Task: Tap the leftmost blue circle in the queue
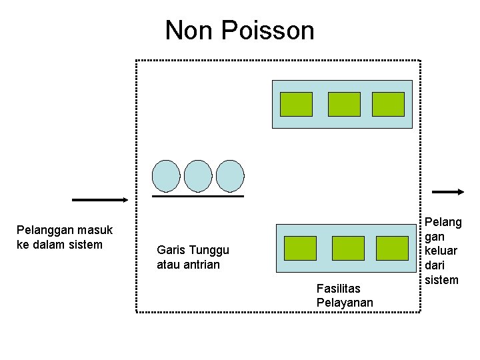(166, 175)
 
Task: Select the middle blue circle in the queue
(198, 175)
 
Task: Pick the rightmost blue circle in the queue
(230, 175)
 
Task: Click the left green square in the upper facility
(296, 104)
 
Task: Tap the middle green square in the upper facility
(344, 104)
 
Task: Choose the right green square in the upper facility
(388, 104)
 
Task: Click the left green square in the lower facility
(300, 248)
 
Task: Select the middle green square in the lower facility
(348, 248)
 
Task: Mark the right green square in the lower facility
(392, 248)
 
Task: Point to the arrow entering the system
(100, 199)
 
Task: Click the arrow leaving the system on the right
(448, 192)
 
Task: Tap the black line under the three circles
(198, 197)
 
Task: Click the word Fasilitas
(339, 289)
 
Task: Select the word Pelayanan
(345, 303)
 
